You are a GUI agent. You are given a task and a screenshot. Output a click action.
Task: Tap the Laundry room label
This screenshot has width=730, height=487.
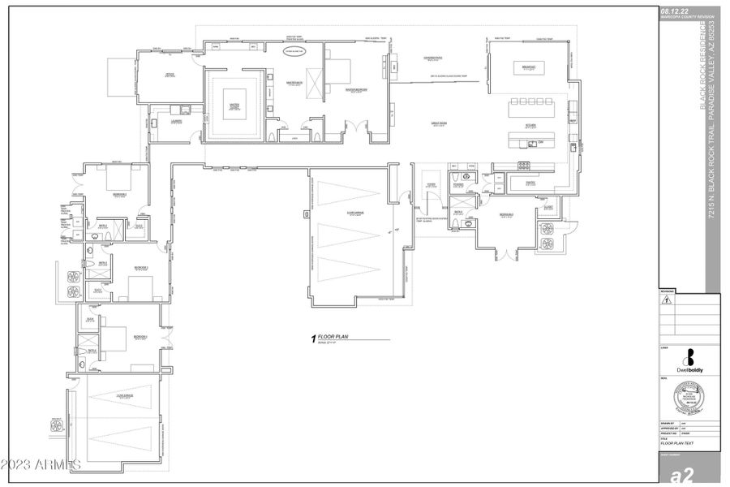click(176, 122)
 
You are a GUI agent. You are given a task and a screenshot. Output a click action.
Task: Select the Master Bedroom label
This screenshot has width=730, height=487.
click(357, 90)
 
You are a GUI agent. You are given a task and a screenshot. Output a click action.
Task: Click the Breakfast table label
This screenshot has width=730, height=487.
click(528, 68)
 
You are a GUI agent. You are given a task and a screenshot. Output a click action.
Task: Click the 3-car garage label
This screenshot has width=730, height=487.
click(354, 214)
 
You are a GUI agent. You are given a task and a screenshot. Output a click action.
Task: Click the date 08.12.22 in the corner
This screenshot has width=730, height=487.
click(676, 11)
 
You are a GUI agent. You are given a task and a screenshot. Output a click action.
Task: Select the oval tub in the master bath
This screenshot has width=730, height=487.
click(293, 51)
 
